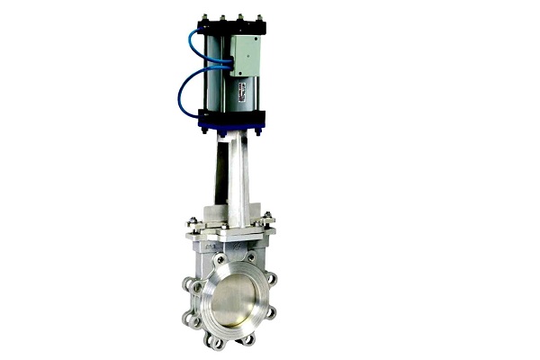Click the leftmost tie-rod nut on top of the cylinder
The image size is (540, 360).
click(204, 16)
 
